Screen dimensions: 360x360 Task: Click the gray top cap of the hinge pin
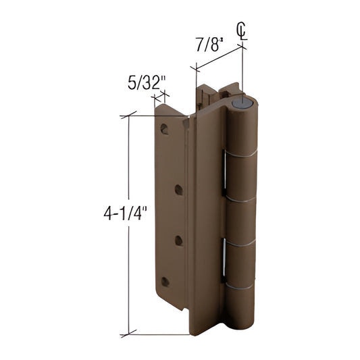[x=243, y=103]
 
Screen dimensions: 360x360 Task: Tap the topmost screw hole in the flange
[x=164, y=128]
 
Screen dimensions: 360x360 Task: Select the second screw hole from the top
[x=179, y=190]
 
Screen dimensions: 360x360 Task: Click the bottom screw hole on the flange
[x=165, y=281]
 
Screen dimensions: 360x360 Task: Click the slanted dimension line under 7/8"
[x=220, y=57]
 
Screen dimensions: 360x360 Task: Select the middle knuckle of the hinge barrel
[x=241, y=220]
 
